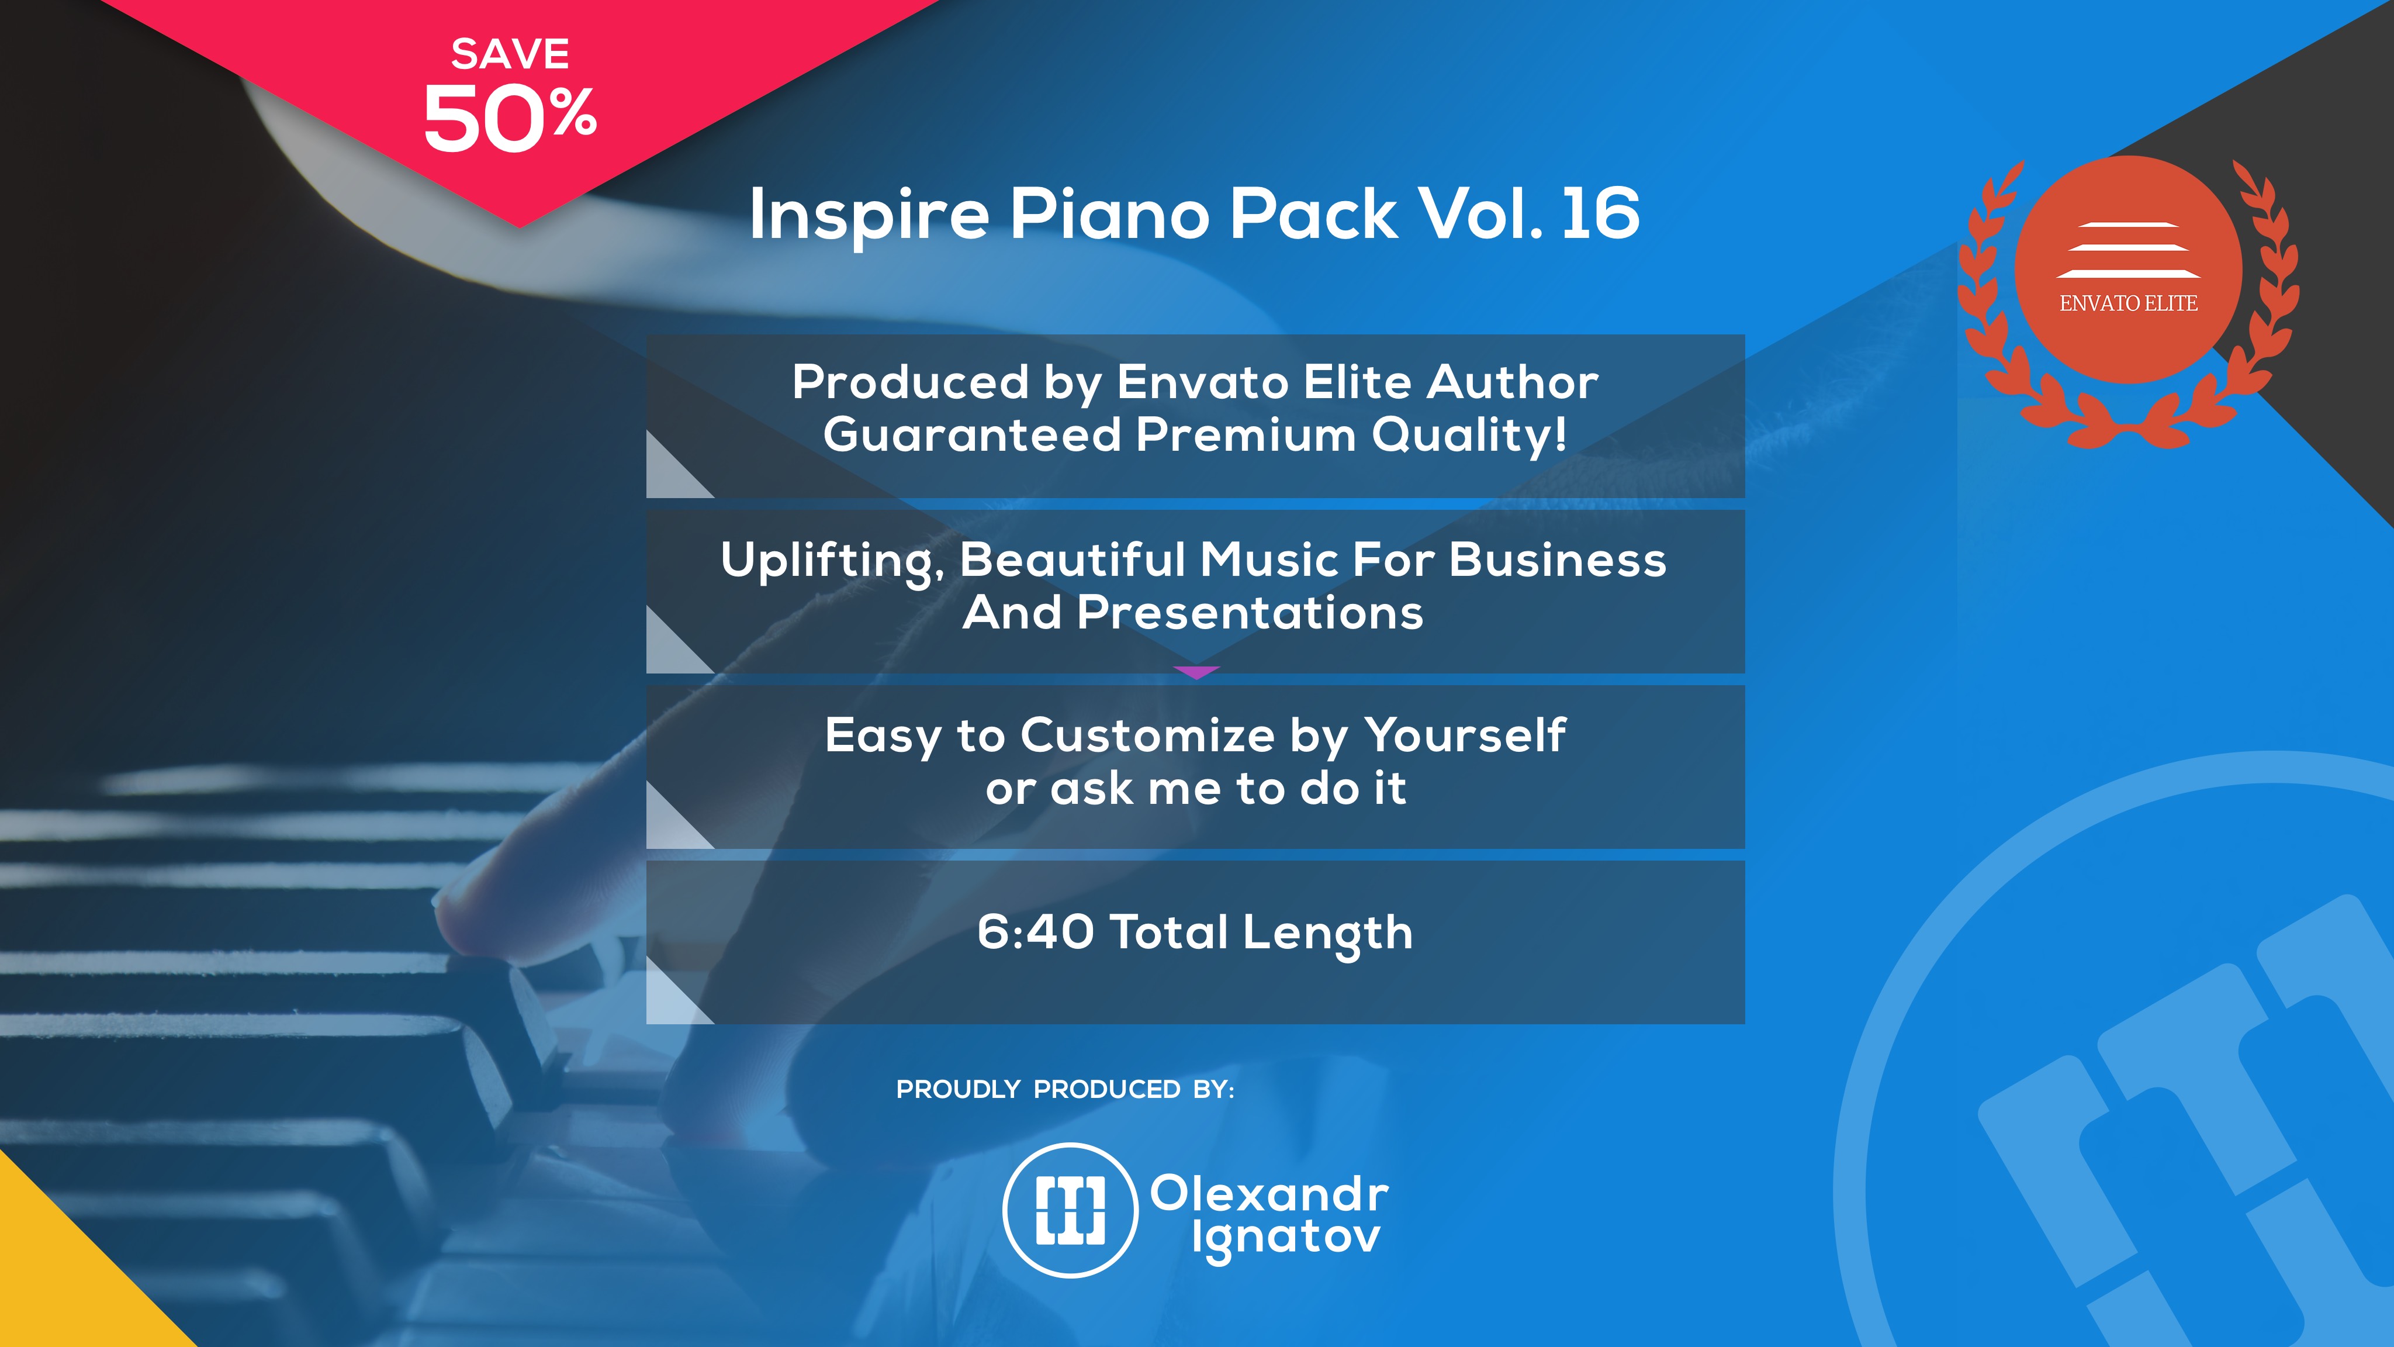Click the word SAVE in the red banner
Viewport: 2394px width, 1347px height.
click(510, 54)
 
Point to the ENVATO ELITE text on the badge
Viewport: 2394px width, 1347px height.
click(2128, 303)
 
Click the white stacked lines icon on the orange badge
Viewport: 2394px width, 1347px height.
click(2128, 250)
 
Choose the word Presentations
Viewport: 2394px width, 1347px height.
click(1250, 613)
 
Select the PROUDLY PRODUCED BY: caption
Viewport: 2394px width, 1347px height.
click(1065, 1090)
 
